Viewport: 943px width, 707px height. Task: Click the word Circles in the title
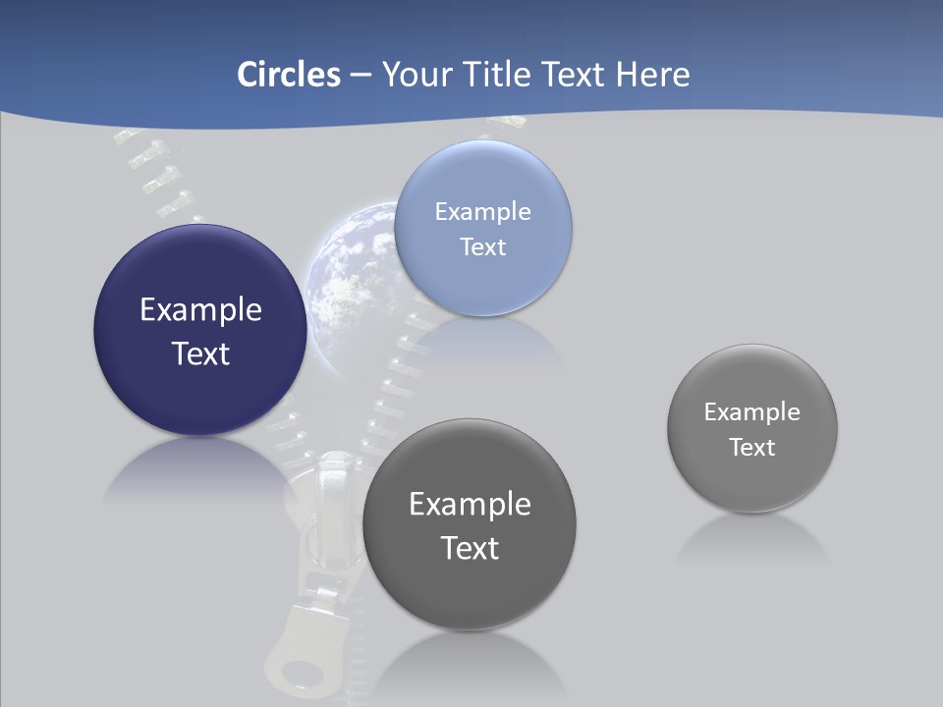[289, 75]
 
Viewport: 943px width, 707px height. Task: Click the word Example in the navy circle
[200, 310]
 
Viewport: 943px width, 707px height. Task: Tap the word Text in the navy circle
[200, 353]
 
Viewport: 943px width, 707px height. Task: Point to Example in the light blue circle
[482, 211]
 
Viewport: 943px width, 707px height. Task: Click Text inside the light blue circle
[482, 246]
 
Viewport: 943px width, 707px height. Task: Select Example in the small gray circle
[752, 411]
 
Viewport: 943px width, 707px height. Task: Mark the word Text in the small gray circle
[752, 447]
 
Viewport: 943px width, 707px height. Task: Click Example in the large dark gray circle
[470, 504]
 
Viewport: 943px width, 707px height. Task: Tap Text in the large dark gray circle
[470, 547]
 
